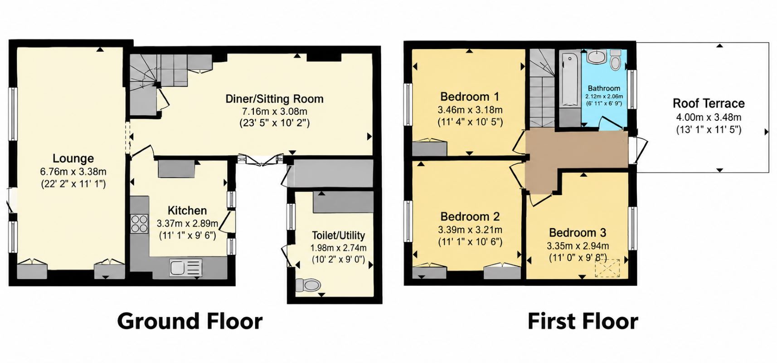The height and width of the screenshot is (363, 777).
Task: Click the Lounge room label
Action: [73, 159]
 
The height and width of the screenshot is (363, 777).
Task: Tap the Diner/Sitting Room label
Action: [274, 99]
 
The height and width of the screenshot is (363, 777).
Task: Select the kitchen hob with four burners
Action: [140, 224]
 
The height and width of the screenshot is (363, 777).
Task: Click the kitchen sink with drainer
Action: [186, 268]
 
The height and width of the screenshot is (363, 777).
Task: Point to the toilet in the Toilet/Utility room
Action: [308, 285]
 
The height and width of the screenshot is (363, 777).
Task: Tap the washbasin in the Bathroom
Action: [596, 57]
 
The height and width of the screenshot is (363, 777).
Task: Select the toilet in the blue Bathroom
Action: [616, 60]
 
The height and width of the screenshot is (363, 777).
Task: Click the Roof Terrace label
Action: [709, 103]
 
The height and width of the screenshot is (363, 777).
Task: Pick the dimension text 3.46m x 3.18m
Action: [470, 110]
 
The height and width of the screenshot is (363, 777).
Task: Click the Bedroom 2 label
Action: [470, 216]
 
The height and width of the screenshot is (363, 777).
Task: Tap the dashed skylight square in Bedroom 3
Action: [607, 268]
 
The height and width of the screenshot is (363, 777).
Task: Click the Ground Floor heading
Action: [190, 321]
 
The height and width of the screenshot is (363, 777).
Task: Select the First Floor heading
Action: [583, 321]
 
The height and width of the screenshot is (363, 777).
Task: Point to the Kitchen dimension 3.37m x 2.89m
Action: [187, 223]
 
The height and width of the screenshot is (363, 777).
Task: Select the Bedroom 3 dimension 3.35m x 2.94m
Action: [578, 246]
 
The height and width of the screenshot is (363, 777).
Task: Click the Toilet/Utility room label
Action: [338, 235]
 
